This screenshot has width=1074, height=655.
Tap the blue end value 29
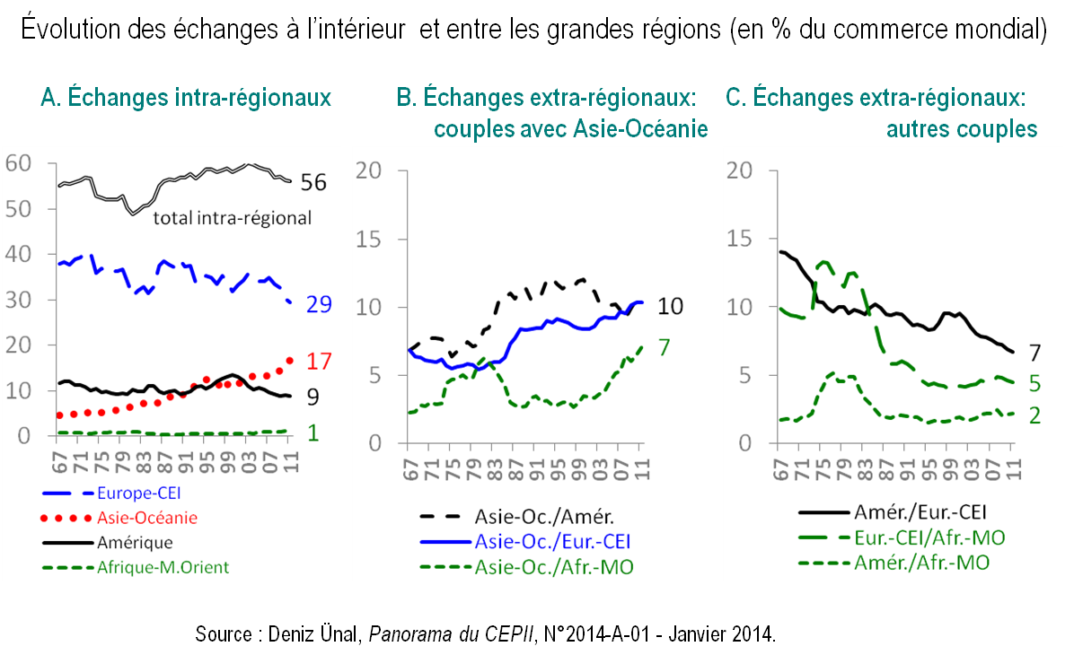[x=318, y=304]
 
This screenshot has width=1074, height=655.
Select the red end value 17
[x=320, y=362]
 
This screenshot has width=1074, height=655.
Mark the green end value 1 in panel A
[x=313, y=432]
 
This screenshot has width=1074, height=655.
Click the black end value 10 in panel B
[x=670, y=307]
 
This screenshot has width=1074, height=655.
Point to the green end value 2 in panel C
[x=1034, y=416]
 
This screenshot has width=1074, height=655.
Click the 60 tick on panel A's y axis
[x=18, y=163]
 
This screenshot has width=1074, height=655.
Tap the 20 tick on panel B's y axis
[x=370, y=170]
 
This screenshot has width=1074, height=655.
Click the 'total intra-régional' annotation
[x=233, y=217]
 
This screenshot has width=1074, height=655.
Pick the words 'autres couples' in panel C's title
[x=962, y=128]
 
